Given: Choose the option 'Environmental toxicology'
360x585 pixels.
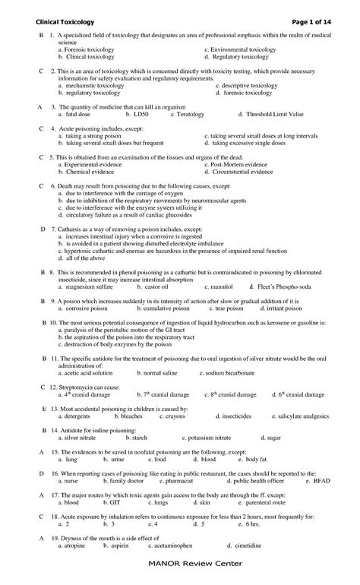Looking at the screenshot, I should click(244, 49).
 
